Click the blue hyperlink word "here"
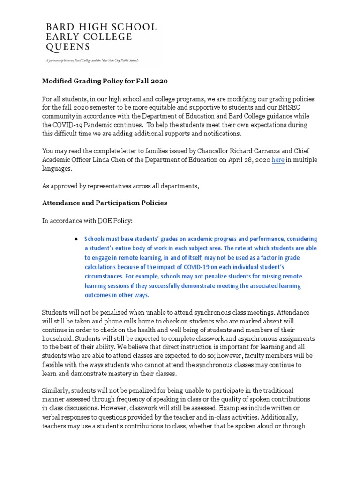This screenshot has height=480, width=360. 278,160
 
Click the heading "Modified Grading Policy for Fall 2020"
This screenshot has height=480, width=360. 105,81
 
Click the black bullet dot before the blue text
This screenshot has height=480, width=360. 75,239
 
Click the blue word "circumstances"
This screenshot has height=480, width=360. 108,276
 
